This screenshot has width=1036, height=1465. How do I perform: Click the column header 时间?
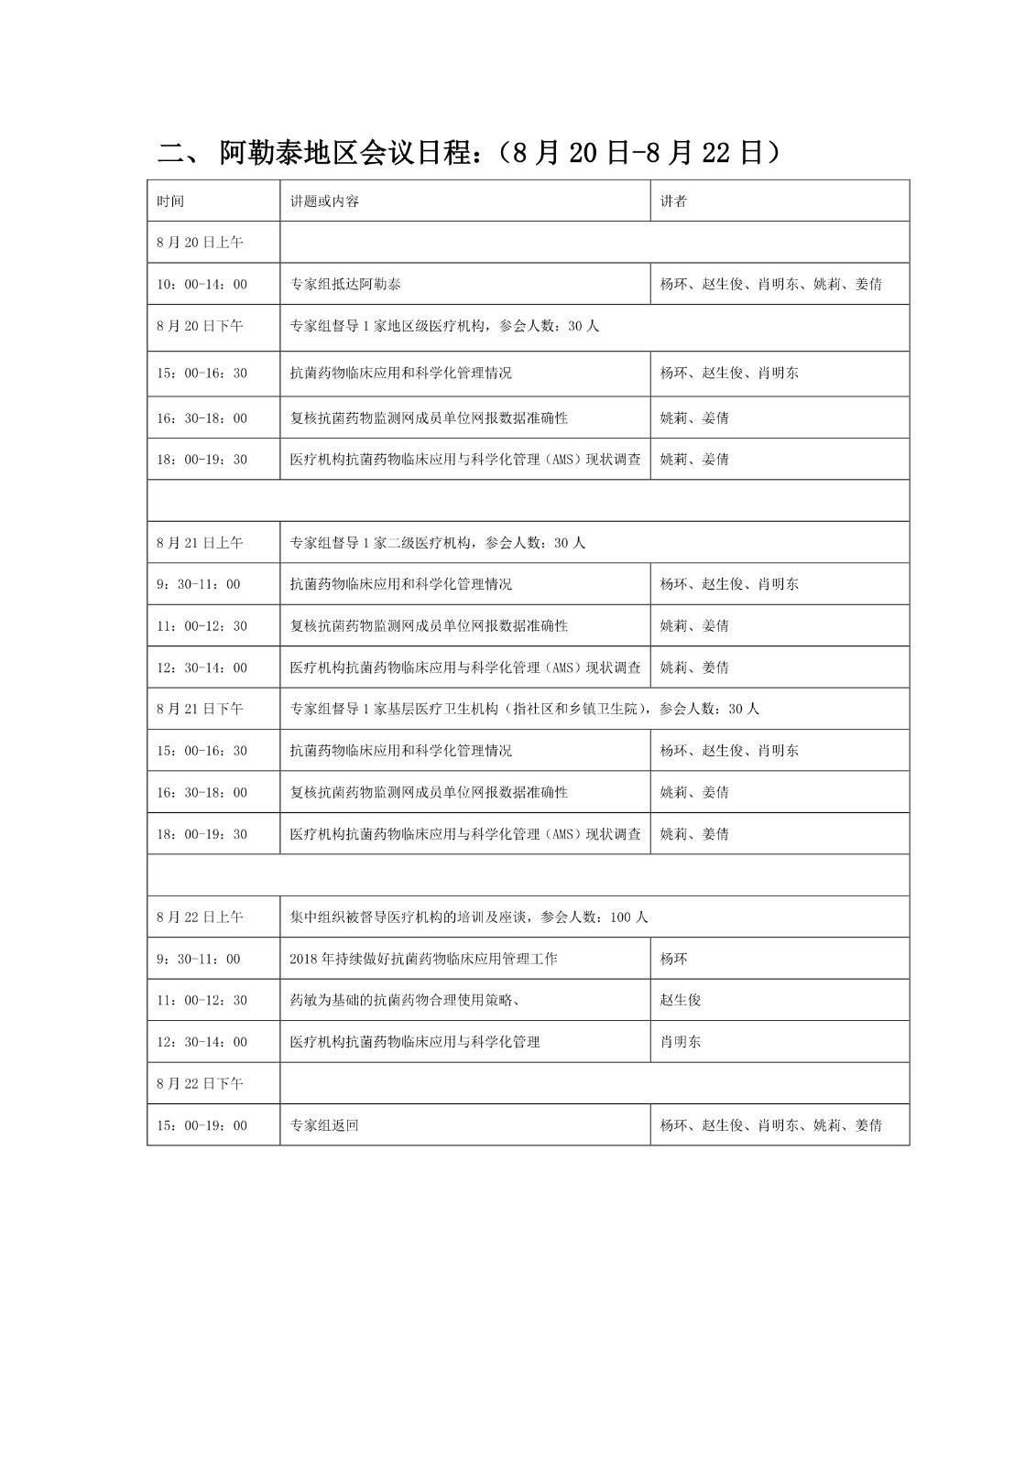(x=170, y=201)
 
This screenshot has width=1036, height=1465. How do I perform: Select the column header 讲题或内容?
(x=324, y=201)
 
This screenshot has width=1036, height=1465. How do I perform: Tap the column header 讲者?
(x=673, y=201)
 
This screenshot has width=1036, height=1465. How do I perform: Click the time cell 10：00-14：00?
(x=202, y=285)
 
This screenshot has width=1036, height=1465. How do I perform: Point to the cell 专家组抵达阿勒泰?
(x=345, y=285)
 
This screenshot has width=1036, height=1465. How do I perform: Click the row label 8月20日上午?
(x=200, y=243)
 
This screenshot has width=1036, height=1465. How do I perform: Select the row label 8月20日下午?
(x=200, y=326)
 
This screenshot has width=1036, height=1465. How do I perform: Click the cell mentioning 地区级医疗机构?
(x=444, y=326)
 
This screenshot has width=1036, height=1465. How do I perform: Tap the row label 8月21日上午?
(x=200, y=543)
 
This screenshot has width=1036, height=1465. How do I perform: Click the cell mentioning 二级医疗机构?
(x=437, y=543)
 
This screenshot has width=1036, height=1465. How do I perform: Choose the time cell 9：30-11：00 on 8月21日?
(x=198, y=584)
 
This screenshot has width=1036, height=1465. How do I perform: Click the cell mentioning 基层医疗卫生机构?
(x=524, y=709)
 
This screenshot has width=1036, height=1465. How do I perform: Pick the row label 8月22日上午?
(x=200, y=917)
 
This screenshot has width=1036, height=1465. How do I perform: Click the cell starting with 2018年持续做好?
(x=422, y=959)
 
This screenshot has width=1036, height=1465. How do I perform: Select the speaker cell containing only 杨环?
(x=673, y=959)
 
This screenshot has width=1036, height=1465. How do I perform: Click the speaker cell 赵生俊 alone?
(x=681, y=1000)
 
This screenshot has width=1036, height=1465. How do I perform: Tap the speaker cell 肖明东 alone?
(x=681, y=1042)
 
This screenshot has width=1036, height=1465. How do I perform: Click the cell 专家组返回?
(x=324, y=1125)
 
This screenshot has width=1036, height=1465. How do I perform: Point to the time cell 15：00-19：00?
(x=202, y=1125)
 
